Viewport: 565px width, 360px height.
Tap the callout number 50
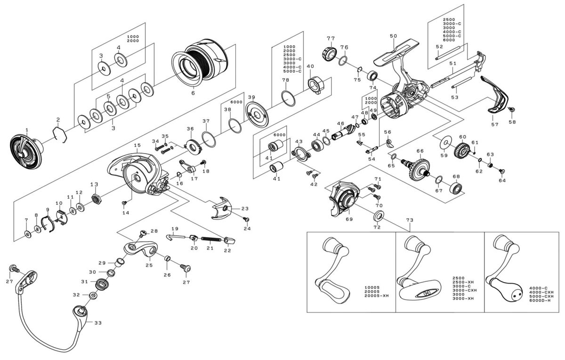393,36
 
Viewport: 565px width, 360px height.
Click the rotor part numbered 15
137,174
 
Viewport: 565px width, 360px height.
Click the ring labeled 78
289,98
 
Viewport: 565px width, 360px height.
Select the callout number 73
409,220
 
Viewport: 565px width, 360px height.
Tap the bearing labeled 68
456,189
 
